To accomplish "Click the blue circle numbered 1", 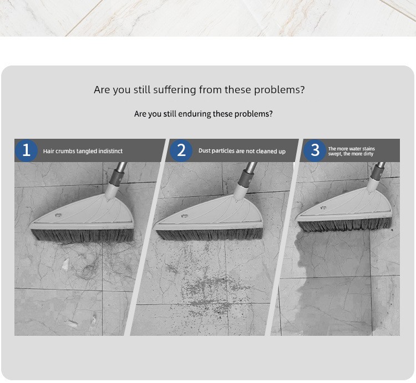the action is [26, 150].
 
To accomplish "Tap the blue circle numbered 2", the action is [181, 150].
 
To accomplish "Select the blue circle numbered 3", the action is [315, 150].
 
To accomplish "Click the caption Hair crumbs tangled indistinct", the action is [83, 151].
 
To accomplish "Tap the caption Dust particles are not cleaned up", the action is [242, 151].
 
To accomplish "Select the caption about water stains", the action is [351, 152].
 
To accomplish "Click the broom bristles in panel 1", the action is [83, 235].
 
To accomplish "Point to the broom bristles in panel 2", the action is [210, 235].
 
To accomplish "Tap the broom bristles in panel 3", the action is [345, 225].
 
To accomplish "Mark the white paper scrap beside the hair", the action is [65, 264].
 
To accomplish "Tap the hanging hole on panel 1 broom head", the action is [58, 215].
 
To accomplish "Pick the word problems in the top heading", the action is [279, 90].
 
